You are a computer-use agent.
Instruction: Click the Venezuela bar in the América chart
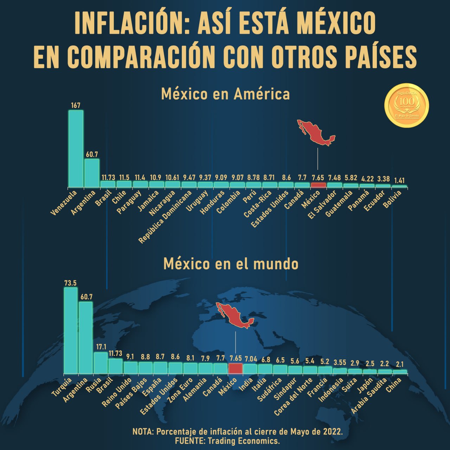[76, 148]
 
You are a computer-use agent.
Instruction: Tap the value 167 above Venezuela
[76, 105]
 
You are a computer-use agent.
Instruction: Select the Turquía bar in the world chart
[70, 330]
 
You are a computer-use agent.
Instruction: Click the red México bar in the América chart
[318, 185]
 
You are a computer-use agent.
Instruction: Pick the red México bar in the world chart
[235, 368]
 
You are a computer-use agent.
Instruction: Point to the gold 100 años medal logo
[407, 105]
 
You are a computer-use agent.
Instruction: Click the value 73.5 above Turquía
[70, 283]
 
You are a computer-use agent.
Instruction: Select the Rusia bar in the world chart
[101, 362]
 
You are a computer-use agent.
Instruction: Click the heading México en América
[225, 94]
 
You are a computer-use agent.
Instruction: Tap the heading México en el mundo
[231, 264]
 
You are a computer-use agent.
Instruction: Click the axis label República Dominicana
[165, 217]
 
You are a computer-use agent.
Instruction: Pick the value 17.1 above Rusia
[101, 347]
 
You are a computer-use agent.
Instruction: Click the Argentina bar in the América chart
[92, 173]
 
